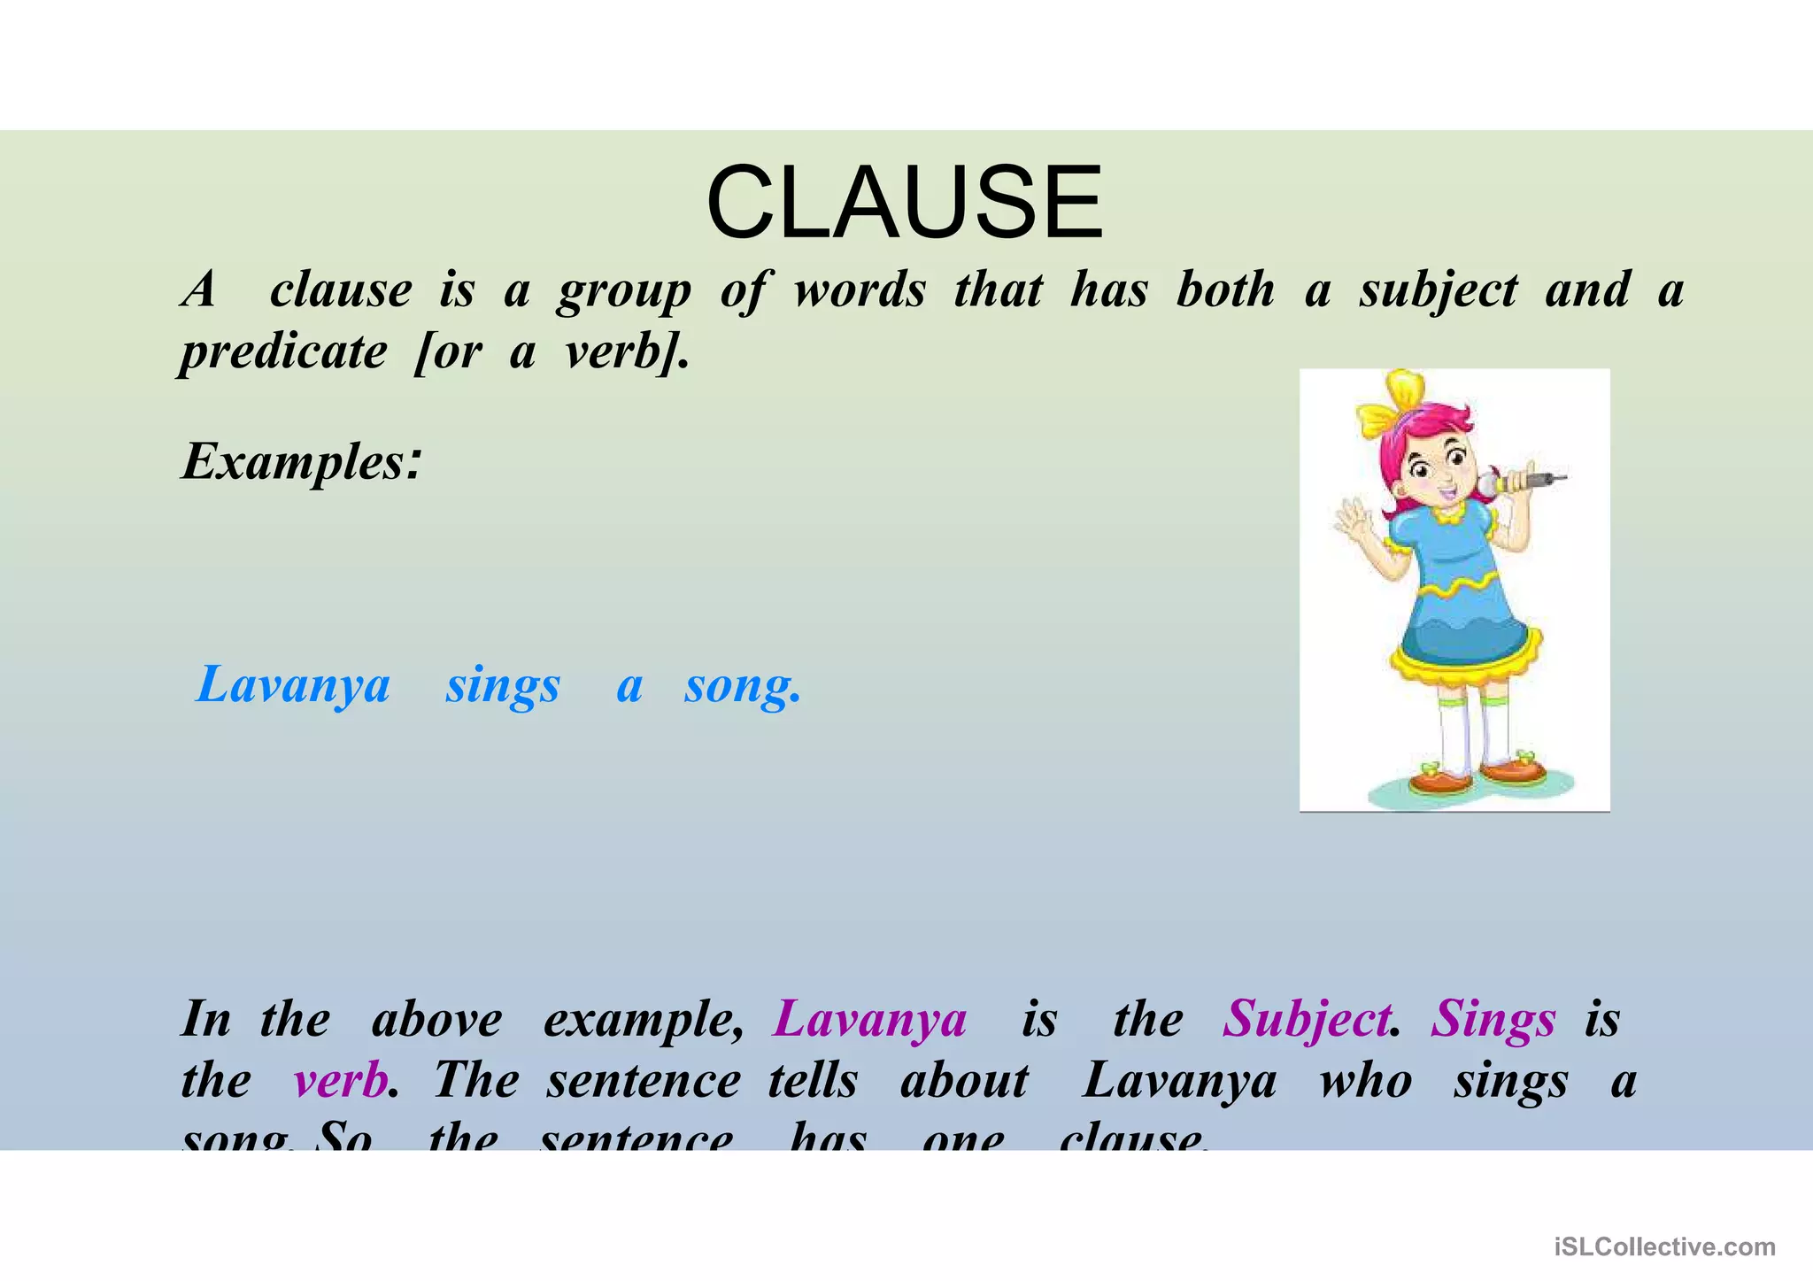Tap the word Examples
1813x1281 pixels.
coord(299,462)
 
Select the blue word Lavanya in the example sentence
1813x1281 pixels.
coord(293,685)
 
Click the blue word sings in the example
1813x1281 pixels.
coord(503,685)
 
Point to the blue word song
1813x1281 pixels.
coord(742,685)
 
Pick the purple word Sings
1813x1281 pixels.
coord(1493,1019)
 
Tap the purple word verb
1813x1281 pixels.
coord(341,1081)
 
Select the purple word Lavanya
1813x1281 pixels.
coord(870,1019)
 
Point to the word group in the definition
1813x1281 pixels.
coord(624,290)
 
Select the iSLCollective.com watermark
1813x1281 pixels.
coord(1664,1246)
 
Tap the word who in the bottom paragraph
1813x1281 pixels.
coord(1366,1081)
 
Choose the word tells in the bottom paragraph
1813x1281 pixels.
coord(813,1081)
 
